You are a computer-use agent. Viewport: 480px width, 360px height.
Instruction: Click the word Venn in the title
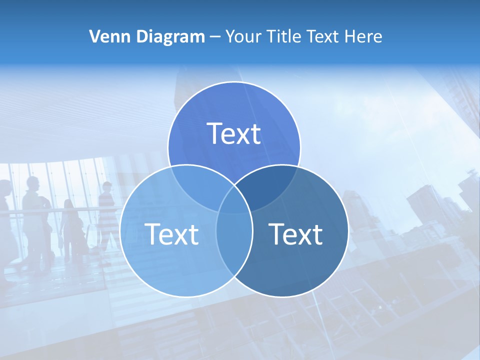click(108, 36)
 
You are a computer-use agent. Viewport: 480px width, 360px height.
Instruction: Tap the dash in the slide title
click(215, 37)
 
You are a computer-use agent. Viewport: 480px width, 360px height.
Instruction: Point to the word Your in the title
click(243, 36)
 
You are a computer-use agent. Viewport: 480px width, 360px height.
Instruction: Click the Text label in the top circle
click(234, 133)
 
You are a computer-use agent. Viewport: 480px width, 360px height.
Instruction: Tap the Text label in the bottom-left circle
click(171, 234)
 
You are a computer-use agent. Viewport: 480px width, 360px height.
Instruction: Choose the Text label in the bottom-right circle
click(295, 234)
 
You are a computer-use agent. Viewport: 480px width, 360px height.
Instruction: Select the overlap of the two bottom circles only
click(234, 245)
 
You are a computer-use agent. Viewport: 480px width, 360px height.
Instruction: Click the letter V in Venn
click(94, 36)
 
